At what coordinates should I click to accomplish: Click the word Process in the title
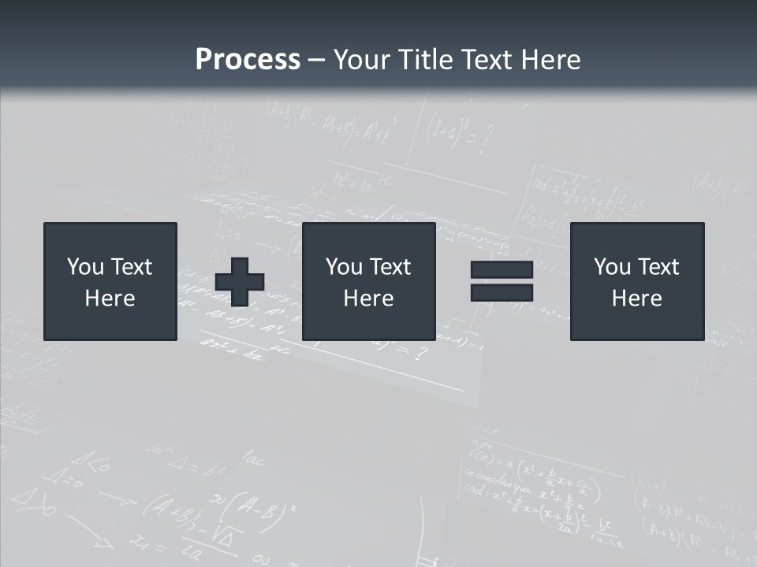248,60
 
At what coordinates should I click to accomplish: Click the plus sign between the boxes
240,282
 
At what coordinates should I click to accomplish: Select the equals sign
502,281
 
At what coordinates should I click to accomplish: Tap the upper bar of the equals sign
502,270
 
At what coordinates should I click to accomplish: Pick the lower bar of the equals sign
502,292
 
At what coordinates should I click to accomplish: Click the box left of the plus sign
110,281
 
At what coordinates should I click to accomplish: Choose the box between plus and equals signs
368,281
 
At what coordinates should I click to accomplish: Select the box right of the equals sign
636,281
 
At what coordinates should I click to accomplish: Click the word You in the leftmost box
84,267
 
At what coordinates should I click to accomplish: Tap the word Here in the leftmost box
110,298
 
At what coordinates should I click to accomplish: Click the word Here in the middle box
368,298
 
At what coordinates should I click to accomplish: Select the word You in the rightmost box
611,267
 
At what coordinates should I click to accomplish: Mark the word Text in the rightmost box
658,267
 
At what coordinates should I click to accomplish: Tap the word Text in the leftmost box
131,267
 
